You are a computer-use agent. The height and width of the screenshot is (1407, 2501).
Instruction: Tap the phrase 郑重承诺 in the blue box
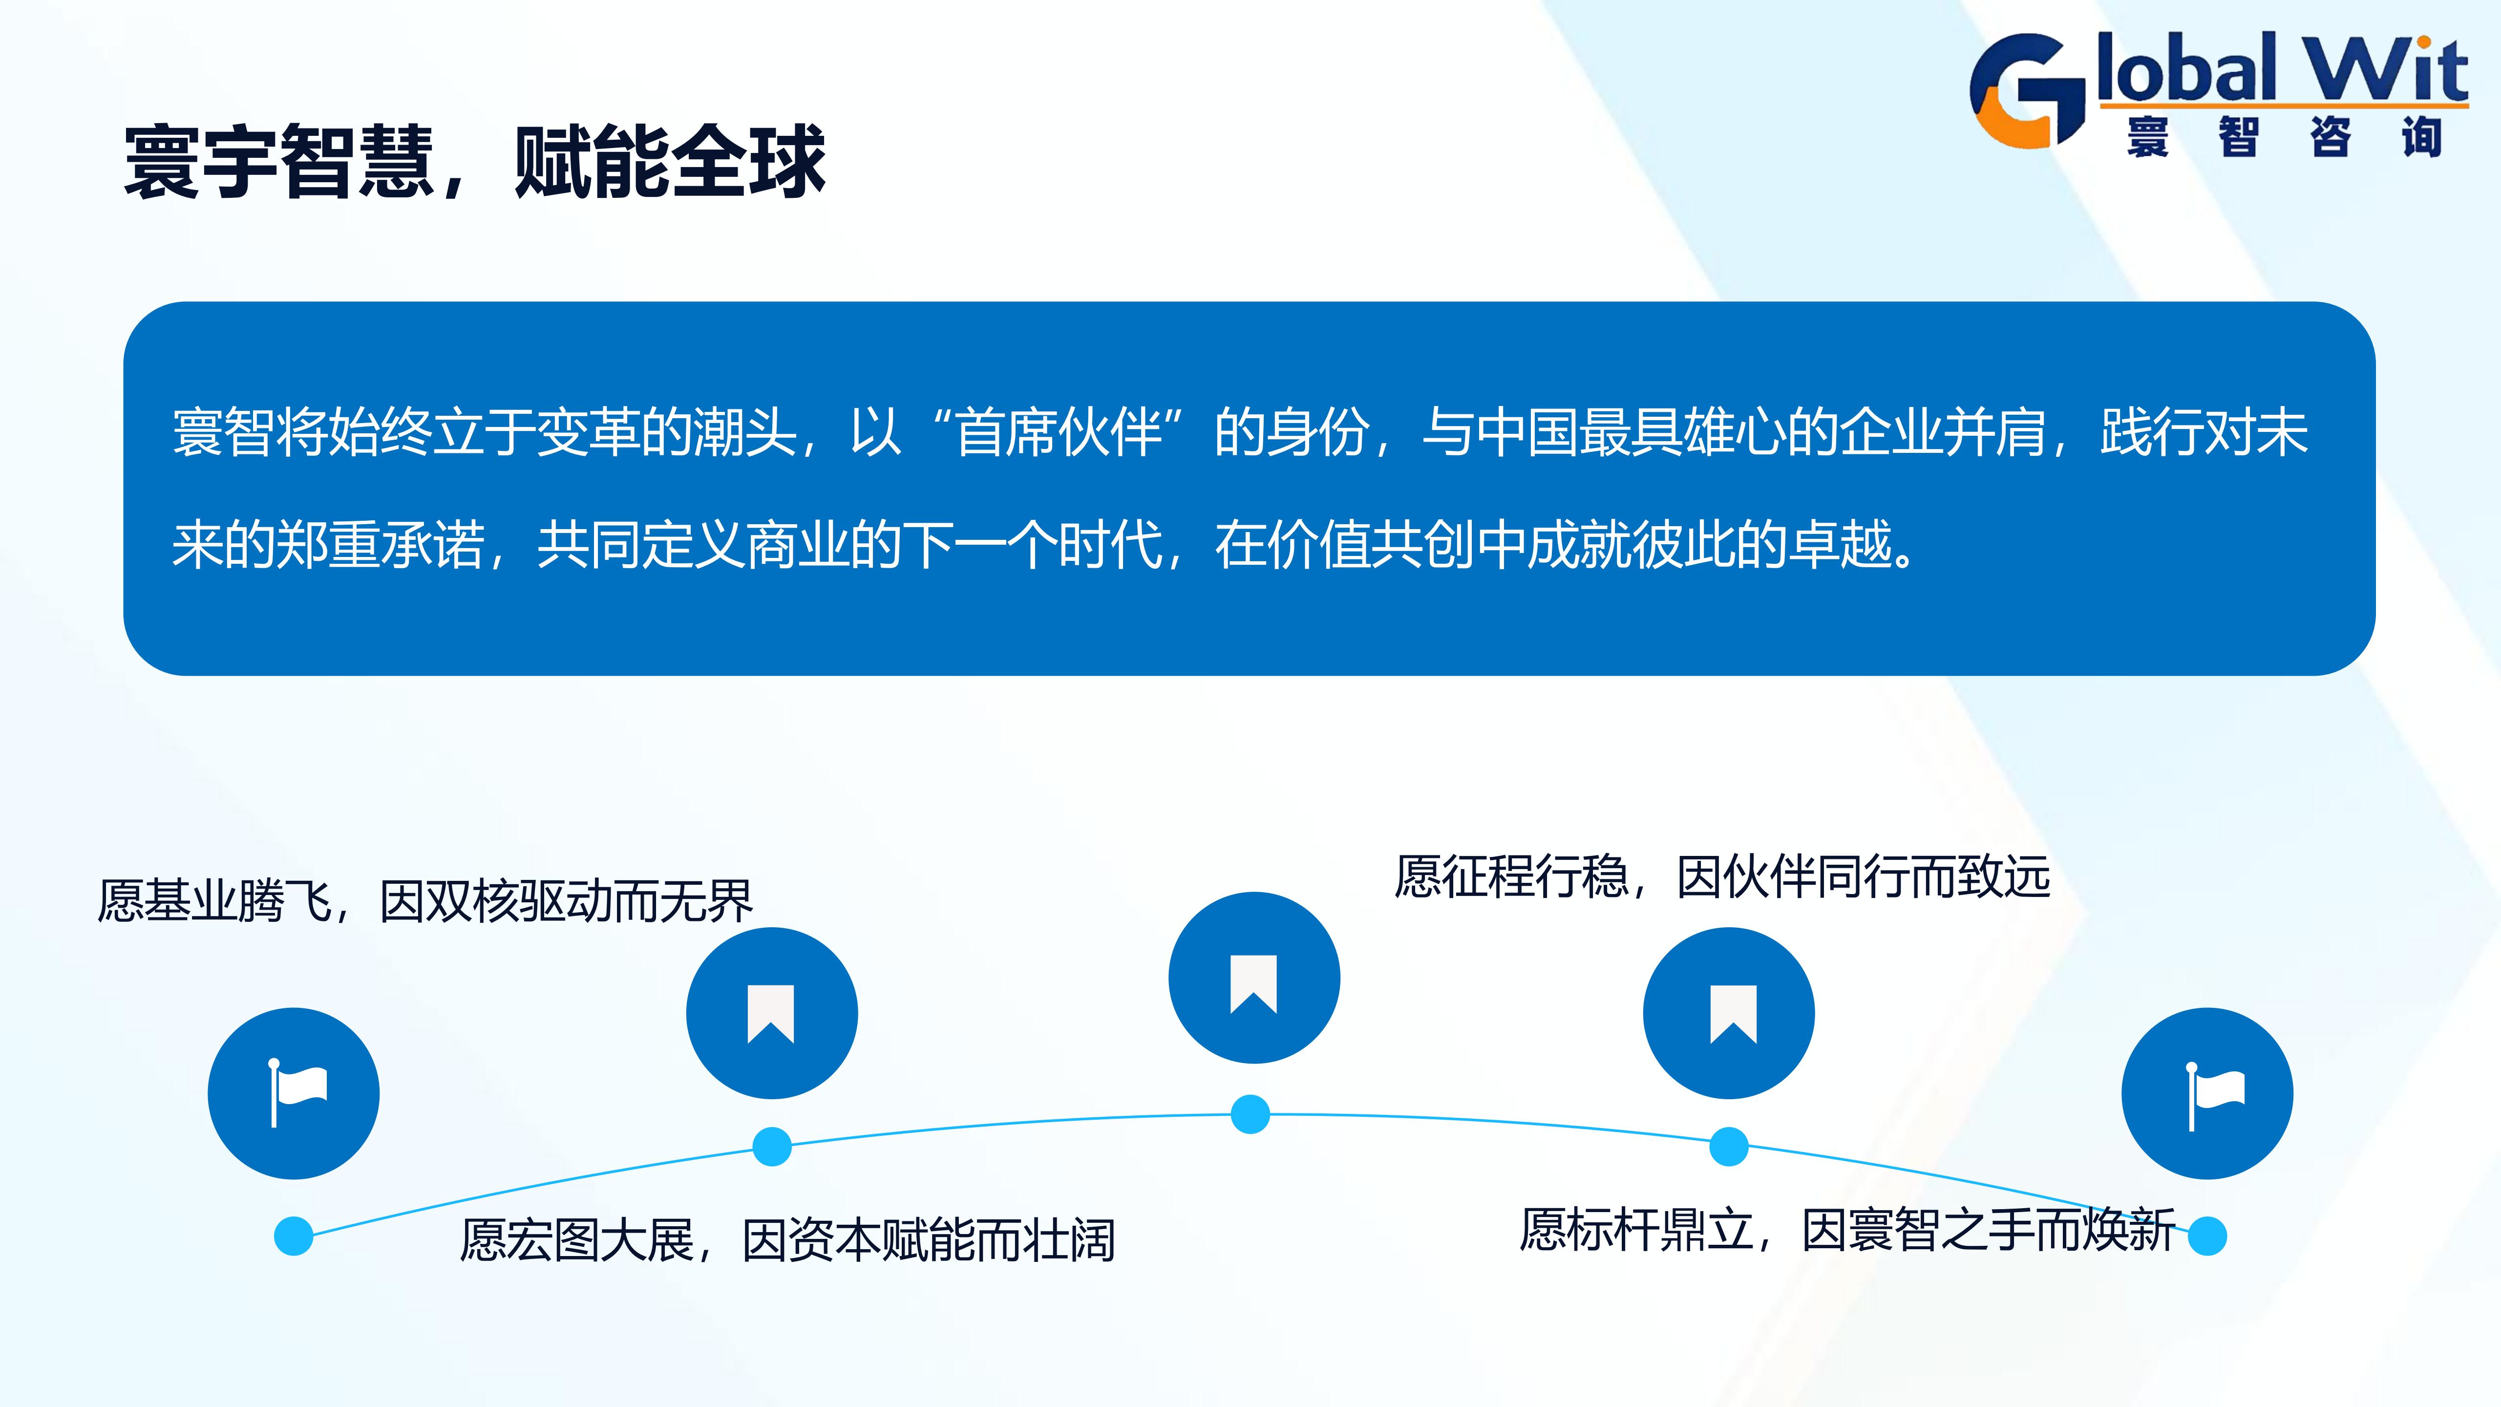[381, 544]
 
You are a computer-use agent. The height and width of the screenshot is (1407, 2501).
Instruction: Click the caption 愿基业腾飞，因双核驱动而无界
[425, 901]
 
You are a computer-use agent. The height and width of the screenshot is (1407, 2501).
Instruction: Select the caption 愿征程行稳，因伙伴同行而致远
[1722, 877]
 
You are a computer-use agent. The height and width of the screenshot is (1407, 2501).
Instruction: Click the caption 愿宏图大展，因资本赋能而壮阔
[787, 1240]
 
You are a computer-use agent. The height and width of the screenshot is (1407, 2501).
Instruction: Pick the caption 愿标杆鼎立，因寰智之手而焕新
[1847, 1229]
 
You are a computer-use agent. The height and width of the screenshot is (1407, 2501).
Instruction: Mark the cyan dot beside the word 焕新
[2207, 1236]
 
